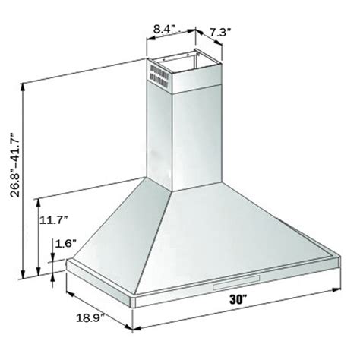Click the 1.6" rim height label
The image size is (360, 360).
pyautogui.click(x=65, y=245)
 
